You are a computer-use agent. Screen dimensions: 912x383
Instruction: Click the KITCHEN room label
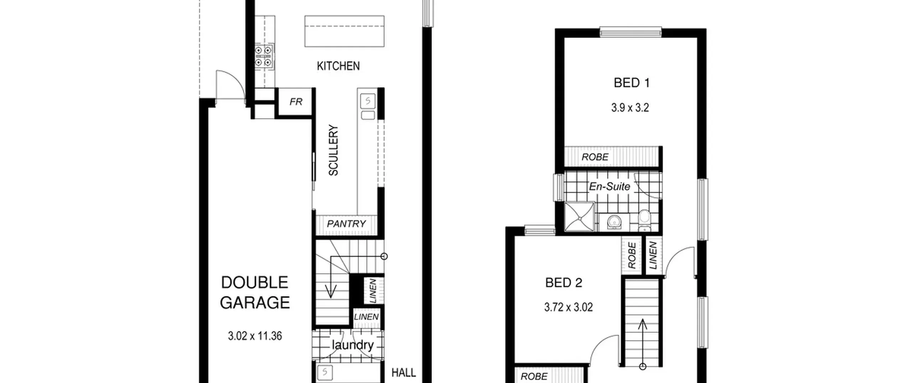point(338,66)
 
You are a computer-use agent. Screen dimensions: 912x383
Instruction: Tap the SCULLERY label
point(333,150)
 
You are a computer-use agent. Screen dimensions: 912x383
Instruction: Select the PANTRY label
point(346,224)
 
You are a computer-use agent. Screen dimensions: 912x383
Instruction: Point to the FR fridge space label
point(296,102)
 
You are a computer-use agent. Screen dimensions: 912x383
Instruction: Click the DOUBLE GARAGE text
point(255,293)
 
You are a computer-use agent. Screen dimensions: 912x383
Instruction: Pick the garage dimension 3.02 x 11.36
point(255,336)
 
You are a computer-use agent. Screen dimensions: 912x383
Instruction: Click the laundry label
point(352,345)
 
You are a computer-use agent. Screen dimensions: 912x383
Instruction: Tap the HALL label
point(404,373)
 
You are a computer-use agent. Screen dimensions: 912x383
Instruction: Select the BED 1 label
point(632,83)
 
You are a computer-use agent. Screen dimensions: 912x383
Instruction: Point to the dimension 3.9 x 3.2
point(630,108)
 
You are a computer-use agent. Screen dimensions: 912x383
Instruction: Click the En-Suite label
point(610,186)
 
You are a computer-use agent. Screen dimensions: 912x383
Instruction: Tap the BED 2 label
point(564,283)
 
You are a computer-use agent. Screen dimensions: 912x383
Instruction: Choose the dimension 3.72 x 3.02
point(569,307)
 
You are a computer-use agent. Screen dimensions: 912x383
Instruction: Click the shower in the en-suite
point(580,217)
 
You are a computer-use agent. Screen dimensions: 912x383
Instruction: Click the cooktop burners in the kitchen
point(264,57)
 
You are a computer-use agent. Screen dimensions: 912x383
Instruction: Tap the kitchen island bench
point(344,31)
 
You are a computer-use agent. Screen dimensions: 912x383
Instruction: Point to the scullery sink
point(368,102)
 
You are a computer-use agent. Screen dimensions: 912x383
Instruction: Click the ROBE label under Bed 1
point(595,157)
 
